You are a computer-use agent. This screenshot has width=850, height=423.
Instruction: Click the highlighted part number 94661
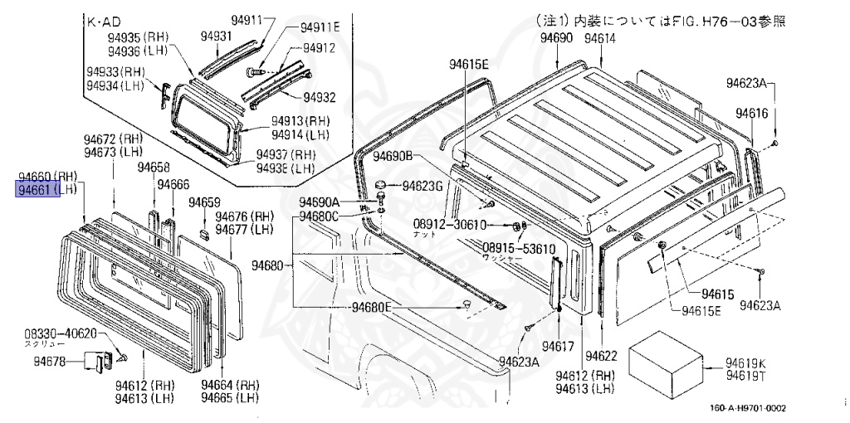click(x=36, y=190)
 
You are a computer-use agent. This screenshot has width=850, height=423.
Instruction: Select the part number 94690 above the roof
click(x=556, y=39)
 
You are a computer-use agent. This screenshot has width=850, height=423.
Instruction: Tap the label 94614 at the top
click(x=599, y=39)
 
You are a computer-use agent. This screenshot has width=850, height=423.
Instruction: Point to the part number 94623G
click(x=424, y=186)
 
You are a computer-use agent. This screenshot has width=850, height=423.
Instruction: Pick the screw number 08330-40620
click(x=61, y=333)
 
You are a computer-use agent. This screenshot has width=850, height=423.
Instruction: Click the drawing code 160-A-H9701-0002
click(x=747, y=407)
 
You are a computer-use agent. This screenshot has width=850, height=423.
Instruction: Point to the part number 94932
click(x=319, y=97)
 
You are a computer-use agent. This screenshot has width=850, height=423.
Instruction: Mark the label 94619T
click(x=746, y=376)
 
